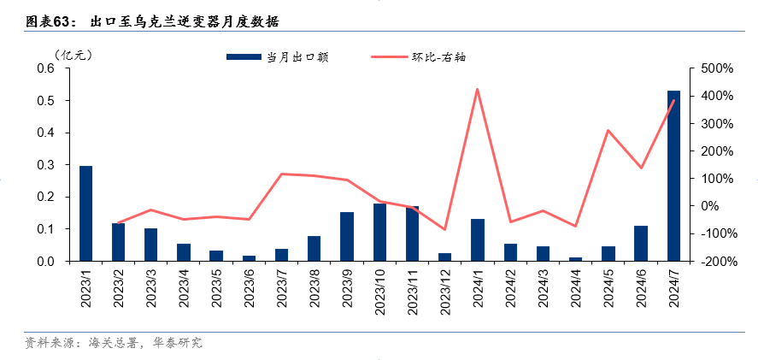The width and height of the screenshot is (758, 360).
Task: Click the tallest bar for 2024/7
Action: (673, 175)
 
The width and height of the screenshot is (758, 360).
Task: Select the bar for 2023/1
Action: (85, 213)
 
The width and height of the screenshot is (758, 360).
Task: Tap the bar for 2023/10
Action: (379, 232)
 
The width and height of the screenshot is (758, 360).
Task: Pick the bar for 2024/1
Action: (477, 239)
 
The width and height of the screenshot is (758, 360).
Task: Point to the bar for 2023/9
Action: (347, 236)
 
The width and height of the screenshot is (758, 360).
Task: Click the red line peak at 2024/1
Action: (477, 89)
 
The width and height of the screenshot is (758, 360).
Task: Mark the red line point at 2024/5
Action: (608, 131)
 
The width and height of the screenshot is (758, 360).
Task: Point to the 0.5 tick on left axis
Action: (45, 101)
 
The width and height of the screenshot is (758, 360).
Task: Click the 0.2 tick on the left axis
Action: (45, 197)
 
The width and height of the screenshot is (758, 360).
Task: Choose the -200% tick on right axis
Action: (714, 261)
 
